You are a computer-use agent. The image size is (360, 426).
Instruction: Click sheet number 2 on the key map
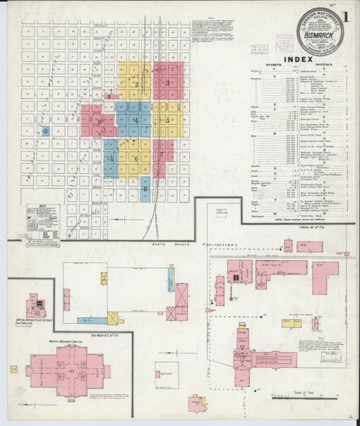click(x=136, y=84)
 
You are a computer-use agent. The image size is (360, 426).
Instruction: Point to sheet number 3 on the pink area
click(x=168, y=83)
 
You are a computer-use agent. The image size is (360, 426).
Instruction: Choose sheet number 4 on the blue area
click(x=134, y=121)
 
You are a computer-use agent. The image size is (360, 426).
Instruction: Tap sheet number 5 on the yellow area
click(x=168, y=121)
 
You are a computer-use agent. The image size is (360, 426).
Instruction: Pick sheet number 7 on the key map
click(x=162, y=155)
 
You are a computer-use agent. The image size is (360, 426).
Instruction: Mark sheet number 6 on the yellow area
click(x=136, y=159)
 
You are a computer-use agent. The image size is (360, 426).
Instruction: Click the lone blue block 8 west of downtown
click(x=45, y=131)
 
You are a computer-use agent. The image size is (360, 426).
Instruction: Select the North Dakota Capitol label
click(x=66, y=342)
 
